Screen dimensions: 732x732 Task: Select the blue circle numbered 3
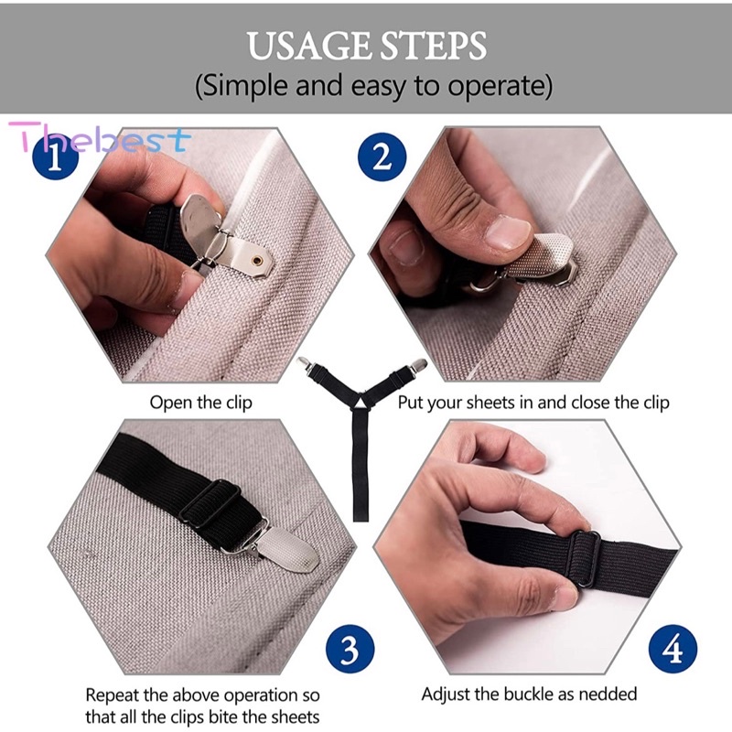(x=350, y=651)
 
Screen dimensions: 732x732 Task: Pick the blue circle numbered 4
(x=673, y=651)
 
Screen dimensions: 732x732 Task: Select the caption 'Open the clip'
(x=200, y=403)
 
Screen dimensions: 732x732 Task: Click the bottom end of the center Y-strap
(x=361, y=512)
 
